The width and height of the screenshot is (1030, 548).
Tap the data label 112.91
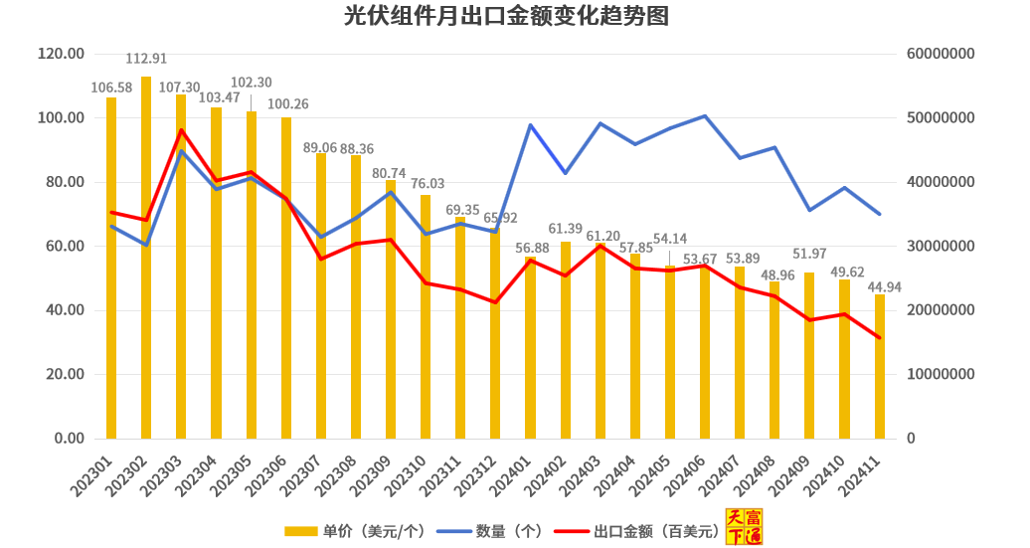click(x=146, y=58)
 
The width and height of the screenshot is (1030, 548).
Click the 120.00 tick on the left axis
click(x=61, y=54)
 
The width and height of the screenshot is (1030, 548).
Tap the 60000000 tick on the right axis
click(x=942, y=54)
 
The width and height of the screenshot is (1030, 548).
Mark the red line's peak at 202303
click(x=182, y=130)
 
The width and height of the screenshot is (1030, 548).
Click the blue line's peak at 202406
click(x=705, y=116)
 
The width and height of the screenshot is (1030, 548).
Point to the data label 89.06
click(x=320, y=146)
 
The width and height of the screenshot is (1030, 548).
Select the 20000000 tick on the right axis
click(x=942, y=310)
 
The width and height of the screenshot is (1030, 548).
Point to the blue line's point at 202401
click(x=530, y=125)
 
